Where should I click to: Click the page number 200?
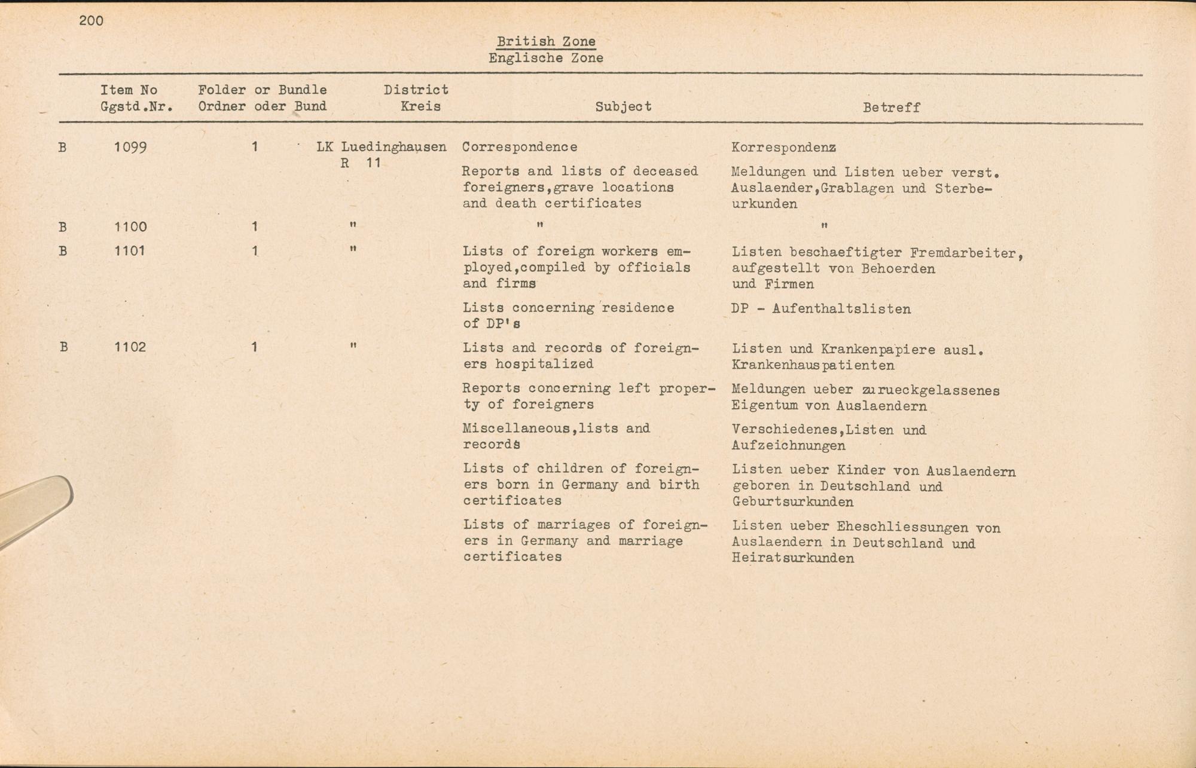click(x=91, y=21)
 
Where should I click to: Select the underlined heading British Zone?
click(x=545, y=41)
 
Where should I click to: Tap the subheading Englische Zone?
click(x=545, y=58)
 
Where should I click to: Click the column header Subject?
click(x=623, y=106)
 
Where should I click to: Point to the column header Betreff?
click(x=891, y=108)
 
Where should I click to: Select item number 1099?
click(x=130, y=147)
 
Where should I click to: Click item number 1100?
click(x=130, y=227)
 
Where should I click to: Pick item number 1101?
click(x=129, y=250)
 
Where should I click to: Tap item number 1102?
click(x=130, y=347)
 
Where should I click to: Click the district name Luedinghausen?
click(x=393, y=147)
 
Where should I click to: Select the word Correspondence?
click(x=519, y=147)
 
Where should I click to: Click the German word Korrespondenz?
click(x=783, y=148)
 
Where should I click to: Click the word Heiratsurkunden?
click(x=792, y=558)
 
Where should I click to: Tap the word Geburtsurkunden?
click(x=792, y=502)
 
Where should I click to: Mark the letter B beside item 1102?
click(x=63, y=347)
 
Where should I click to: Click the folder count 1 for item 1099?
click(x=255, y=147)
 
